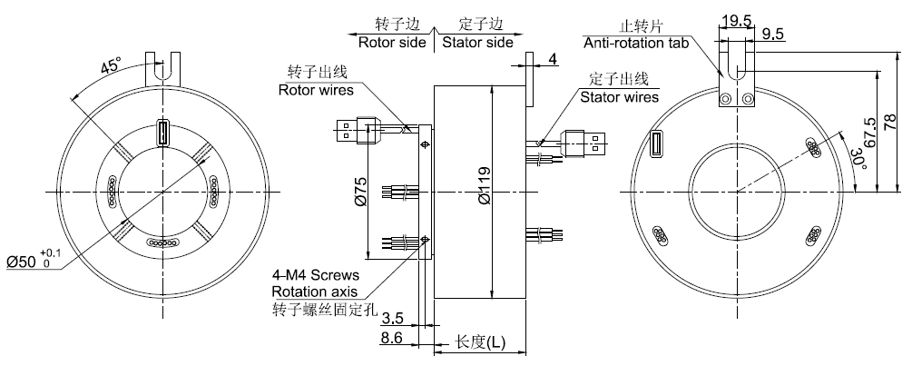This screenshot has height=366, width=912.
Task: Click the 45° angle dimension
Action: pyautogui.click(x=110, y=68)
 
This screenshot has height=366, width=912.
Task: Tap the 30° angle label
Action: pyautogui.click(x=856, y=160)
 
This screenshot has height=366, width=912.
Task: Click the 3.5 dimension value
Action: pyautogui.click(x=391, y=320)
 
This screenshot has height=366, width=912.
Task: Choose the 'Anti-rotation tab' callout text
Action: pyautogui.click(x=636, y=42)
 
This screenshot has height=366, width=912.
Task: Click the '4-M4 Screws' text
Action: pyautogui.click(x=316, y=274)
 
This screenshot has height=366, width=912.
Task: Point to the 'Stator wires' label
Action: pyautogui.click(x=620, y=96)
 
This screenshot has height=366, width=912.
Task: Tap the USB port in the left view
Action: pyautogui.click(x=163, y=134)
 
